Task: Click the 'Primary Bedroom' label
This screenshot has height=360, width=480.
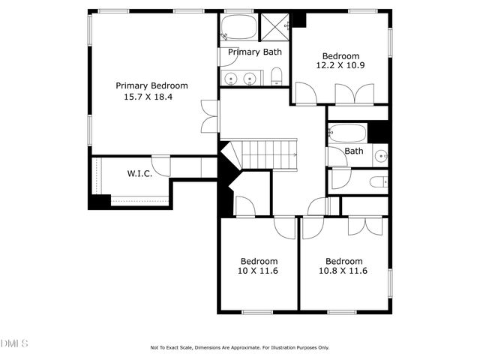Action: click(151, 85)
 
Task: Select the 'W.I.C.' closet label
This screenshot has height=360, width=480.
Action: click(139, 173)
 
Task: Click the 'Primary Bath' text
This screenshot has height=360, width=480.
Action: click(255, 52)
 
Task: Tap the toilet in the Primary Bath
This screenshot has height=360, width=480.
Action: click(277, 75)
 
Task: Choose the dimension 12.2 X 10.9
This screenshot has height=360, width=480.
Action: click(341, 67)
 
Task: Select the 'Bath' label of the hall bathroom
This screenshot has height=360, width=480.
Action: click(354, 151)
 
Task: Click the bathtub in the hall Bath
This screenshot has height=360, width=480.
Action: click(348, 133)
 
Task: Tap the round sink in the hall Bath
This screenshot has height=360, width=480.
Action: click(381, 156)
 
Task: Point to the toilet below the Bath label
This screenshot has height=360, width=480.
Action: click(379, 181)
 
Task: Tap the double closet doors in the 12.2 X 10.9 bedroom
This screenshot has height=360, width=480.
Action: click(354, 94)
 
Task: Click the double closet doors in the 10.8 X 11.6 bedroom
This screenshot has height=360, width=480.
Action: click(368, 226)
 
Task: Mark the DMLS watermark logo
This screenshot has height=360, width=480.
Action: click(14, 343)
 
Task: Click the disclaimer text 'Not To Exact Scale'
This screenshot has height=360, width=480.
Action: click(172, 348)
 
